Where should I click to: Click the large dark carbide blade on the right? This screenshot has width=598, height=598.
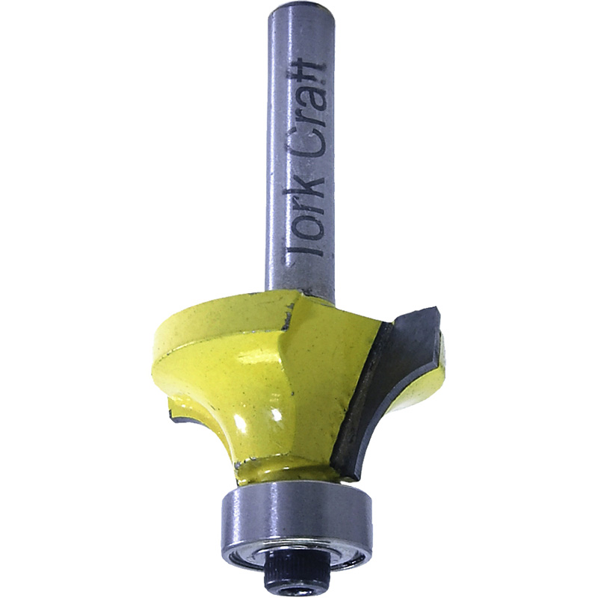374,396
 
